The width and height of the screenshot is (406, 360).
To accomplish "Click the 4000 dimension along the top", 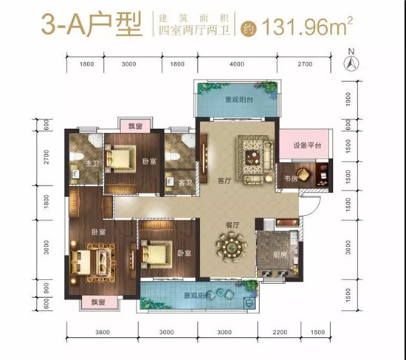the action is (x=237, y=63).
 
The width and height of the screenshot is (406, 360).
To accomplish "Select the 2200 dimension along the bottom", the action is (x=280, y=332).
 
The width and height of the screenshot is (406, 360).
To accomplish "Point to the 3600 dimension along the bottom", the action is (x=103, y=332).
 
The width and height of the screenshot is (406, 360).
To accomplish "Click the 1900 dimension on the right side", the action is (x=348, y=99).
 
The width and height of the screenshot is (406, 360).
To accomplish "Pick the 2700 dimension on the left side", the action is (x=47, y=157).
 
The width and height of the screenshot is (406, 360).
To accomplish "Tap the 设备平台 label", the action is (x=307, y=145).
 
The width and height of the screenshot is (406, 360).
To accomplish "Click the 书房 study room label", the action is (x=291, y=178).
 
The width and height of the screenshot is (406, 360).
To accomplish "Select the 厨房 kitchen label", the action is (x=280, y=255).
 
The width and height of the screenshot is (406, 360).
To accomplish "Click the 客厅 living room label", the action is (x=224, y=181).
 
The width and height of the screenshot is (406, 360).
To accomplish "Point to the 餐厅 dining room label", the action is (x=233, y=225).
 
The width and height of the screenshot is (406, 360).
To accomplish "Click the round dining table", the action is (x=232, y=248).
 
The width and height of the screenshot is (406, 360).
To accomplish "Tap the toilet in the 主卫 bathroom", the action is (x=77, y=156).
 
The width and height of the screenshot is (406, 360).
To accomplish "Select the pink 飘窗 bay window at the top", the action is (x=135, y=126).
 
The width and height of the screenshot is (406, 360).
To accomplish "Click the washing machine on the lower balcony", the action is (x=250, y=302).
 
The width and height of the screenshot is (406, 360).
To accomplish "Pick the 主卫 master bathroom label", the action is (x=92, y=163).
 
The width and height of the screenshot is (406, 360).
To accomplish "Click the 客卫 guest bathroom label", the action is (x=185, y=183).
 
